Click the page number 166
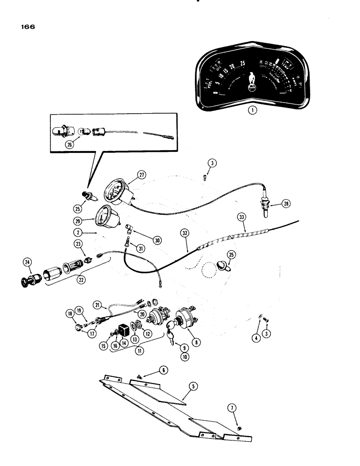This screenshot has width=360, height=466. pos(28,27)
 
